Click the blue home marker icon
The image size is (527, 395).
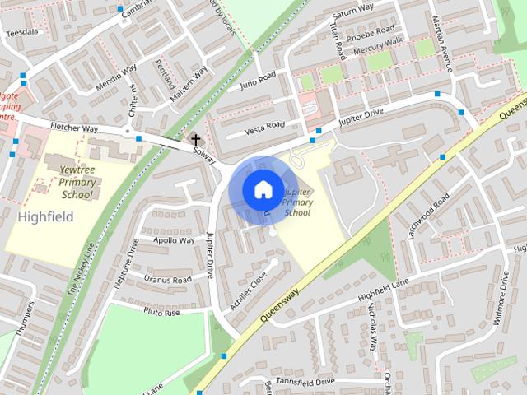[262, 189]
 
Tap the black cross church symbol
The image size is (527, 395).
[195, 140]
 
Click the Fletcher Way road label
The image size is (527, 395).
[74, 128]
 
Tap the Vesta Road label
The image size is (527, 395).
[265, 128]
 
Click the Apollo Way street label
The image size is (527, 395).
[175, 241]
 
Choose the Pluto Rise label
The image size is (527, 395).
[161, 313]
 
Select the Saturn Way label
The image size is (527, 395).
[352, 12]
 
